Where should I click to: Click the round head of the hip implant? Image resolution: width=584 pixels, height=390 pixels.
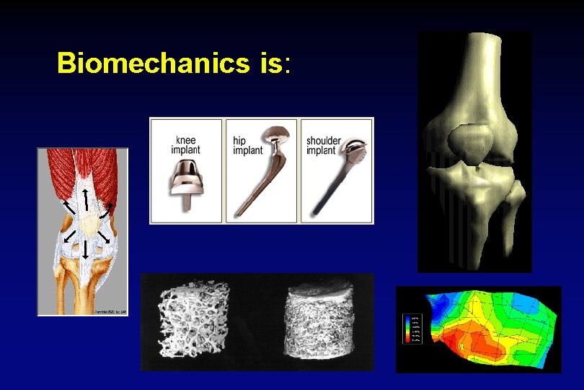(274, 134)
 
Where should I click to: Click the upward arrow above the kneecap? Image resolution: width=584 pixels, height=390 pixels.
(85, 199)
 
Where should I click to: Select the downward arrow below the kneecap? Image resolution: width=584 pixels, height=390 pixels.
(85, 249)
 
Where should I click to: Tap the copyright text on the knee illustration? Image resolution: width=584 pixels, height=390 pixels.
(109, 311)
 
